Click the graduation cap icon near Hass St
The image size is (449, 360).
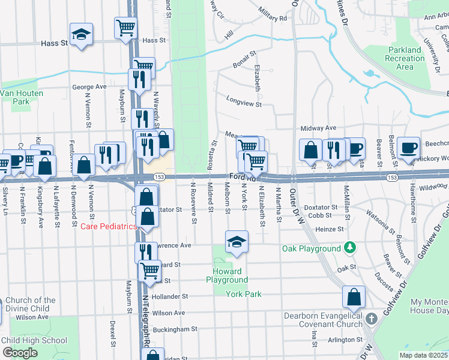coord(81,34)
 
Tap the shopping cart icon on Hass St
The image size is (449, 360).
coord(126,28)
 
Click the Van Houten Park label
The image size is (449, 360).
coord(15,97)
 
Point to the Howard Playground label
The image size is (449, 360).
coord(227,275)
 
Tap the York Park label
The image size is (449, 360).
coord(244,294)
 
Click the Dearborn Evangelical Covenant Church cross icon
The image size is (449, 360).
coord(372,317)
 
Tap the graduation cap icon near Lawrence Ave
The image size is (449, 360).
coord(237,242)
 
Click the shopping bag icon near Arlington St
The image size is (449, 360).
coord(354,297)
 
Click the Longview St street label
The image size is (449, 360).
coord(244,103)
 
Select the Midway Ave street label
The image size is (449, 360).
coord(318,128)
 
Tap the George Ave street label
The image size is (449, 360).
coord(89,86)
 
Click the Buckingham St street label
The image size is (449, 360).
coord(175,329)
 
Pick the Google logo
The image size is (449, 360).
coord(20,353)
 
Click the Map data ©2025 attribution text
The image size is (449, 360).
coord(423,355)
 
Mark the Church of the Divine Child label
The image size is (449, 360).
coord(28,304)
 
